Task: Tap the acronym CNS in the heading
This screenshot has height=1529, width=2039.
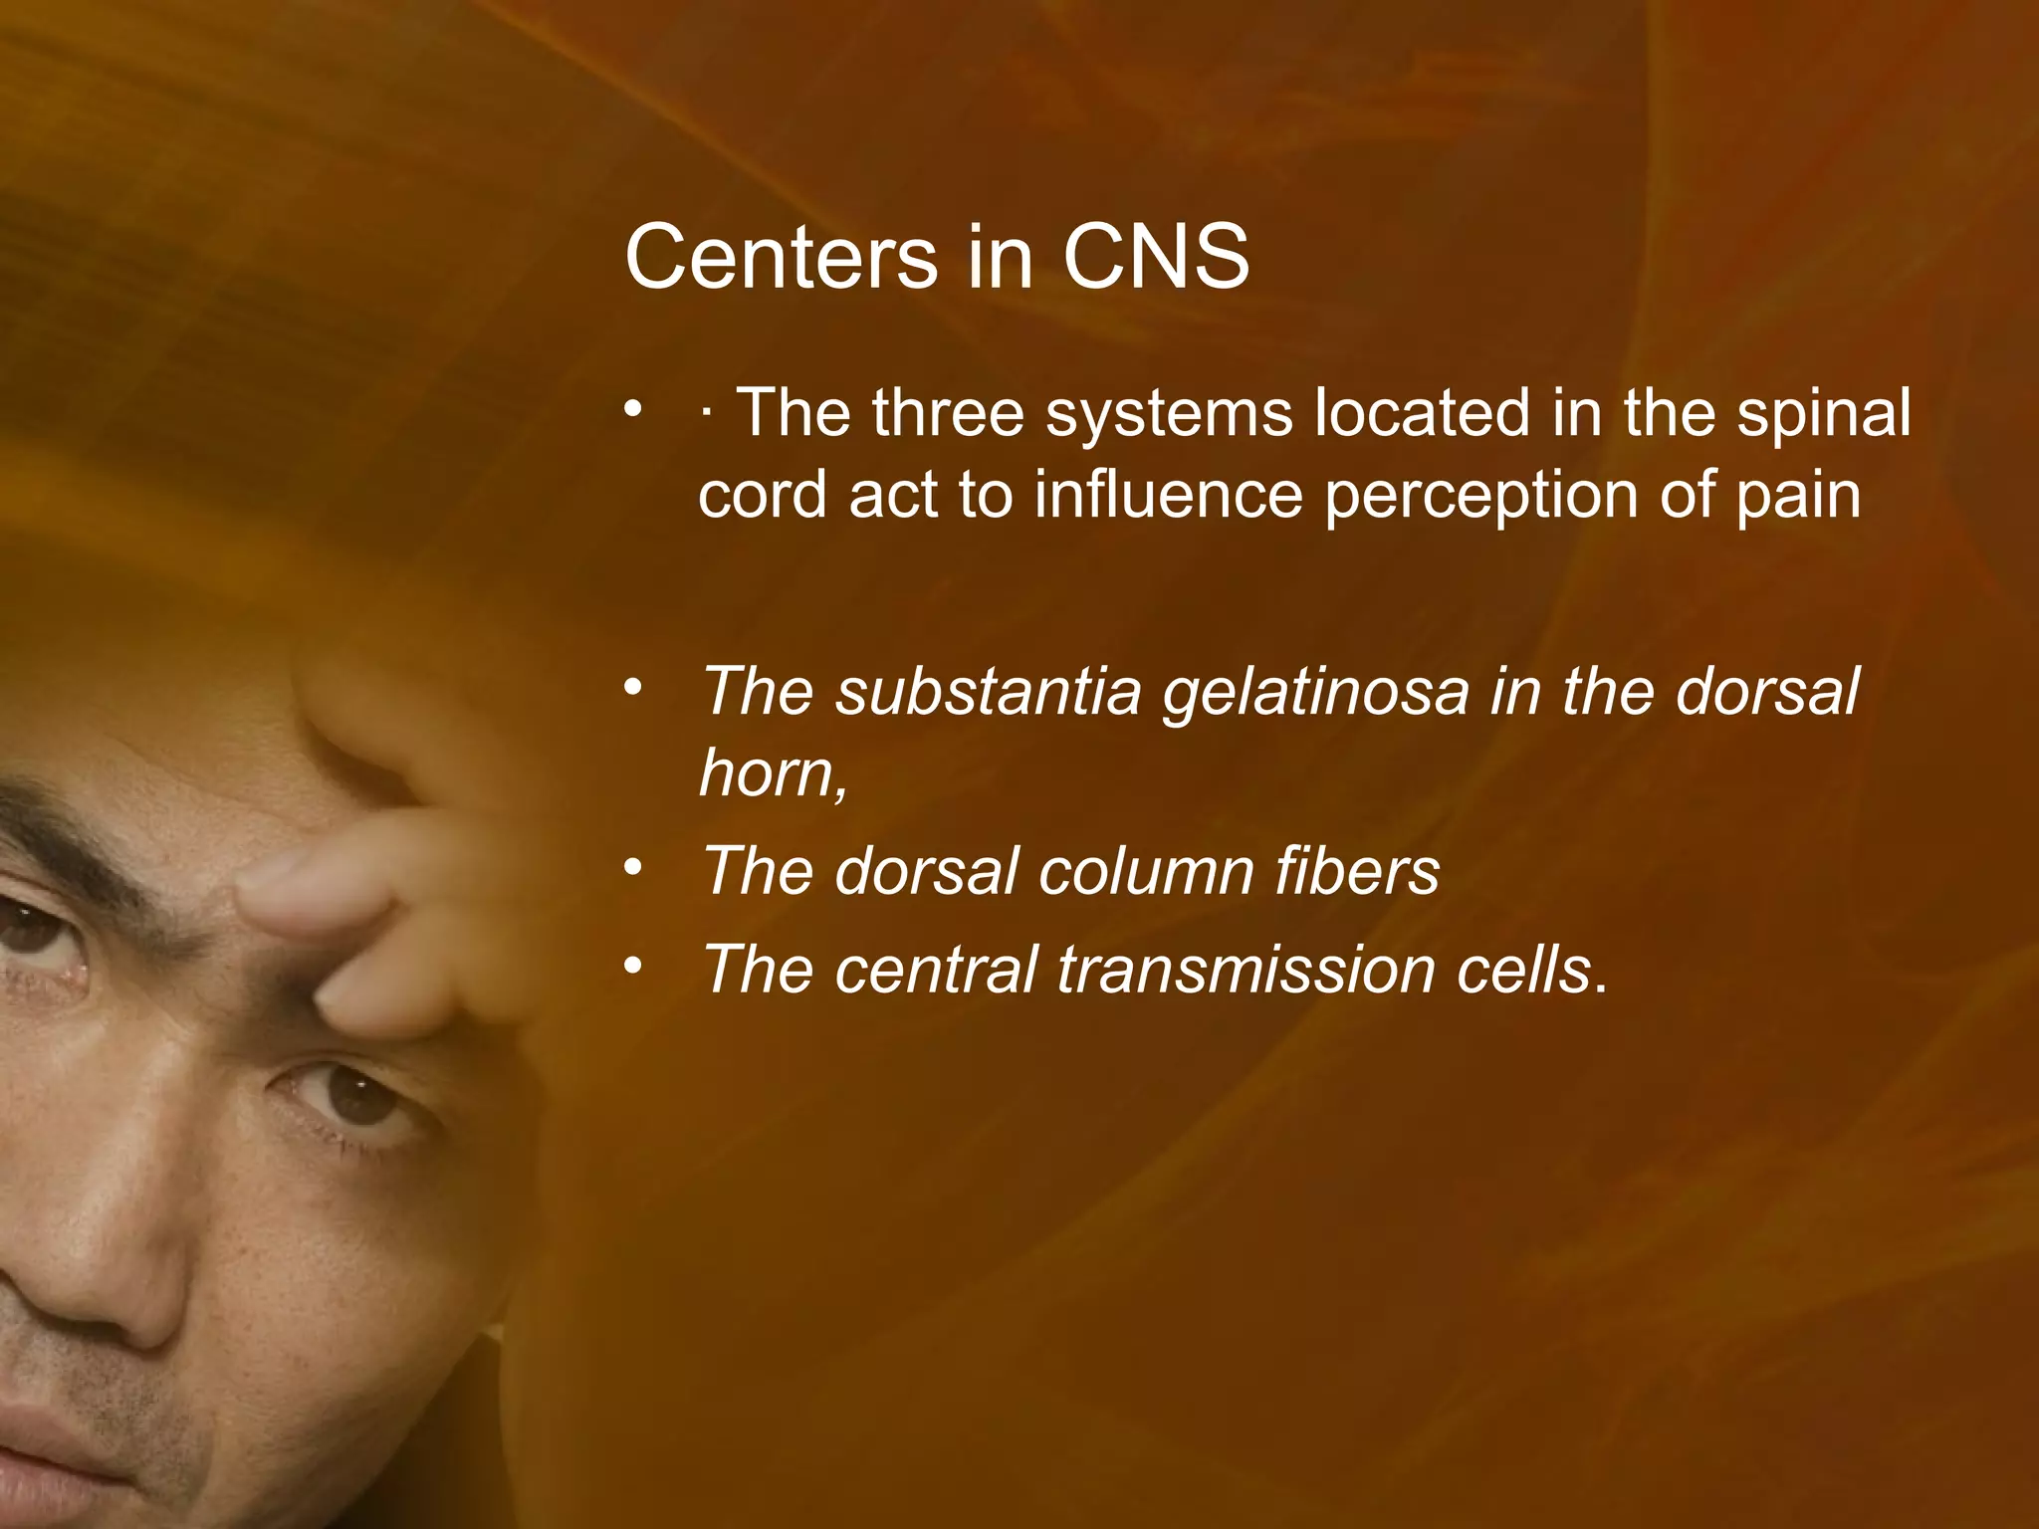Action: pyautogui.click(x=1155, y=257)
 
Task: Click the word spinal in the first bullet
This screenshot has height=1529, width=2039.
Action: pyautogui.click(x=1824, y=414)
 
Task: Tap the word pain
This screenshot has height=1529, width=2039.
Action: pyautogui.click(x=1798, y=496)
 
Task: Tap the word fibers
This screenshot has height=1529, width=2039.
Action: pyautogui.click(x=1356, y=871)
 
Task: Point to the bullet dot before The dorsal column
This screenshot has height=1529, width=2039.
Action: pyautogui.click(x=632, y=868)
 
